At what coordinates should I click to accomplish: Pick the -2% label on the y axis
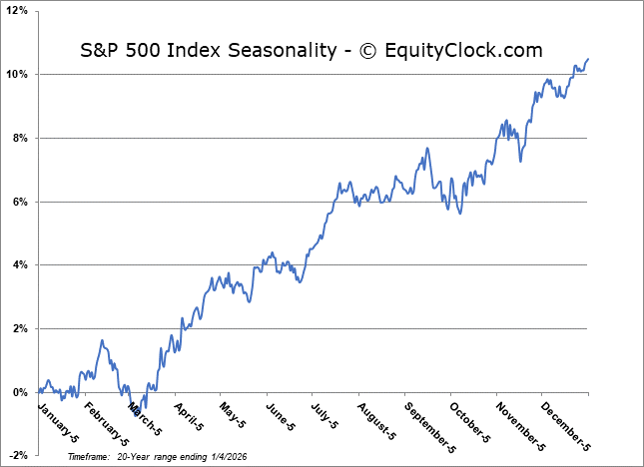click(x=19, y=456)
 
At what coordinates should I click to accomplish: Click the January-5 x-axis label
click(x=56, y=419)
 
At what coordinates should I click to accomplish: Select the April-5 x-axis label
click(x=196, y=416)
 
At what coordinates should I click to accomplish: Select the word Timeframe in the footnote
click(x=89, y=454)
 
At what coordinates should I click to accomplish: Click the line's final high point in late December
click(x=588, y=59)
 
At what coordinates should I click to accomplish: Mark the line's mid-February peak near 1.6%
click(x=102, y=340)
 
